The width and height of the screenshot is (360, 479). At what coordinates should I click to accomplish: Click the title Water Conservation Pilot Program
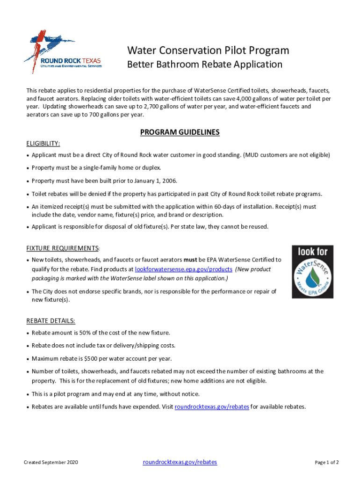[x=208, y=50]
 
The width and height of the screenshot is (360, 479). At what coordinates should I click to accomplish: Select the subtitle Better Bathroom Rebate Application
[x=205, y=64]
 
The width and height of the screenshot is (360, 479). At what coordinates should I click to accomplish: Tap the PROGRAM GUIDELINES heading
[x=180, y=132]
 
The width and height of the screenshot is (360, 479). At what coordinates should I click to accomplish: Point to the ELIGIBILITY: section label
[x=43, y=143]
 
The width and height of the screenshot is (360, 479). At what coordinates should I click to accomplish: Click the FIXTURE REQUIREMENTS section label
[x=62, y=248]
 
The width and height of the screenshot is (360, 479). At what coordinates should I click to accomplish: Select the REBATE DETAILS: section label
[x=50, y=321]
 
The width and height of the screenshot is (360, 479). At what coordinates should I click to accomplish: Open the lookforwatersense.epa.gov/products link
[x=184, y=269]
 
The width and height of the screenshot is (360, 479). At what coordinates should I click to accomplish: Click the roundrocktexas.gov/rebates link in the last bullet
[x=212, y=406]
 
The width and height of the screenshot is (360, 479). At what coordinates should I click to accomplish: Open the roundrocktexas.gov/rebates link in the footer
[x=180, y=462]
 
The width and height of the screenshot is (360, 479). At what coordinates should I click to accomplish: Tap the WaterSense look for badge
[x=313, y=271]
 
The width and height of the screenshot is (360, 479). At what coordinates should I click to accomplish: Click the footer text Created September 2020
[x=51, y=463]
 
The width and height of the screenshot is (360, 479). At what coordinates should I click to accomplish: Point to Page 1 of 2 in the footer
[x=327, y=463]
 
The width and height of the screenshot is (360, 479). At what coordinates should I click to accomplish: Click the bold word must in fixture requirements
[x=189, y=260]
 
